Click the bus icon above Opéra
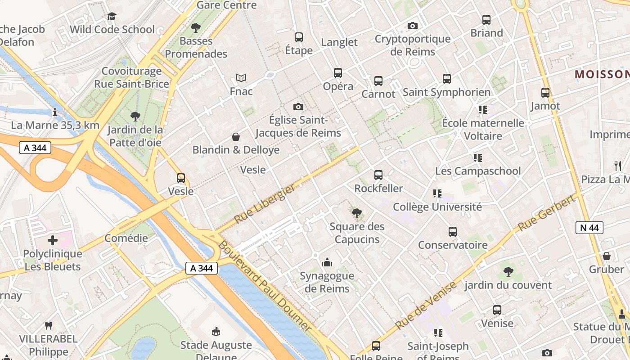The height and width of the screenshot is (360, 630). [x=338, y=72]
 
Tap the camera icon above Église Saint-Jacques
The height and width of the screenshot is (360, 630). [x=298, y=107]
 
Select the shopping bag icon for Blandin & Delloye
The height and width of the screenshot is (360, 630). [x=235, y=136]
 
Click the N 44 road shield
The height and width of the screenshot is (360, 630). [x=589, y=228]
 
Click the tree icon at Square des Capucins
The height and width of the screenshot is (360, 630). [x=357, y=213]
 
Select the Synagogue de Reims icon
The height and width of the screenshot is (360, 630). [x=327, y=262]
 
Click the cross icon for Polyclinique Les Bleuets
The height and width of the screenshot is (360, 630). [x=53, y=240]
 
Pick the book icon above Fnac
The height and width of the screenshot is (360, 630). [x=241, y=78]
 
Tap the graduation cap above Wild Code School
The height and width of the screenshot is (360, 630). [x=112, y=17]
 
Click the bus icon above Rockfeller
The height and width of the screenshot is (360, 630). [x=378, y=175]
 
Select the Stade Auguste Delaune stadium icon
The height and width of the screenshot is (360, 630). [x=216, y=332]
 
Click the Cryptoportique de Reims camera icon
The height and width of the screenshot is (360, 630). [x=413, y=26]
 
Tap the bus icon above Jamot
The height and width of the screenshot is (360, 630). [x=545, y=93]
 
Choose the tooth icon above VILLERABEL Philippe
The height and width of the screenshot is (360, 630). [x=49, y=325]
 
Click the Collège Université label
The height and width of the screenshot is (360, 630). [x=437, y=207]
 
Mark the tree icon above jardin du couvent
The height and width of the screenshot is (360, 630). [x=508, y=271]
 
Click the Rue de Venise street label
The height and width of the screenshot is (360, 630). [x=426, y=306]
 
